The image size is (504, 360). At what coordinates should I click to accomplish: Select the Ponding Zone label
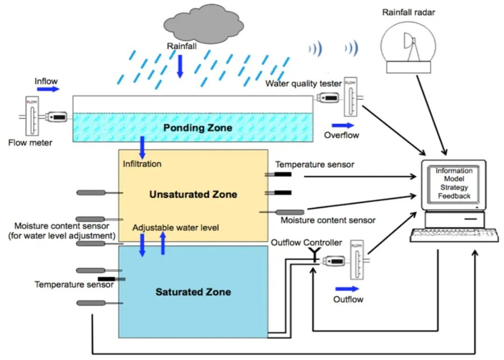click(197, 127)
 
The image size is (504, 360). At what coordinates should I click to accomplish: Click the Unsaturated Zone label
click(193, 194)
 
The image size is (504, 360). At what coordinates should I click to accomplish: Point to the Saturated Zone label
click(193, 292)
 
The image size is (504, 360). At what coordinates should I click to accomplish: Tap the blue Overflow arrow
click(343, 125)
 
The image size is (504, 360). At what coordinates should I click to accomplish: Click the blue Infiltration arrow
click(142, 148)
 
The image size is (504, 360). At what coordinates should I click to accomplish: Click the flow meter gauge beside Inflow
click(32, 116)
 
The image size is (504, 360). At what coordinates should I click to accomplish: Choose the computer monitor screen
click(454, 184)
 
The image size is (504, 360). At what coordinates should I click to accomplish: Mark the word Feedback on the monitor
click(454, 196)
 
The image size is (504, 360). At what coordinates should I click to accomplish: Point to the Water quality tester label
click(303, 84)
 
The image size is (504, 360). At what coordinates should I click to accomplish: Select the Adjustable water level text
click(175, 228)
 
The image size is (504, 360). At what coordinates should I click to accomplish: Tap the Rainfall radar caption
click(408, 13)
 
